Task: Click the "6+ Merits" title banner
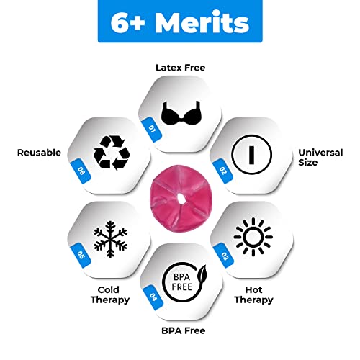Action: [180, 21]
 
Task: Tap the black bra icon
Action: [181, 113]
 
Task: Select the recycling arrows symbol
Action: [112, 153]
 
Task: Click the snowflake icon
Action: [110, 239]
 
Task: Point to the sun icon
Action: [253, 237]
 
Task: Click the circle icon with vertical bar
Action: [251, 155]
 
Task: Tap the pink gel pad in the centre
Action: [181, 198]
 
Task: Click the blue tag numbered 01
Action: [152, 130]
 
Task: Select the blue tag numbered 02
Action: [223, 171]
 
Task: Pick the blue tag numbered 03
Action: [224, 256]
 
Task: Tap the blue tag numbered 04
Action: [153, 297]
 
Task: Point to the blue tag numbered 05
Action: [81, 255]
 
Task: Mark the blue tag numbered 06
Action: [81, 171]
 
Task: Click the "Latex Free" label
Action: [181, 68]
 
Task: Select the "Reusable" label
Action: [39, 153]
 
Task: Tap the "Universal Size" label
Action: [320, 158]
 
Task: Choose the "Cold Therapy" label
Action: [110, 295]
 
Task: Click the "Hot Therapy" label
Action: [253, 295]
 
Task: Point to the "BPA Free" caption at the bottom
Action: [184, 330]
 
